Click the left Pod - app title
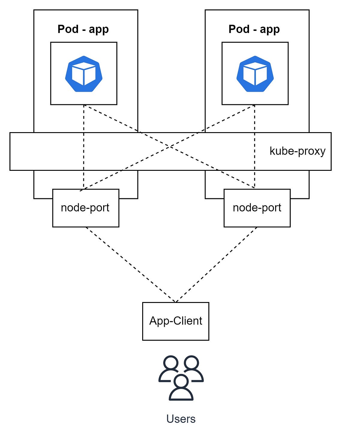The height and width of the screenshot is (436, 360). point(83,29)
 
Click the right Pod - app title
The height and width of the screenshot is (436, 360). point(254,29)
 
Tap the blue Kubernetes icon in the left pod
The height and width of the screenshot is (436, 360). point(84,74)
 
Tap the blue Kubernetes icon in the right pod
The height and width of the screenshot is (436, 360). point(255,74)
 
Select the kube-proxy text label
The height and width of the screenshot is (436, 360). point(297,151)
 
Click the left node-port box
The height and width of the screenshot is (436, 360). point(85,208)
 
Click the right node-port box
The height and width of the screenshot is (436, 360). point(257,208)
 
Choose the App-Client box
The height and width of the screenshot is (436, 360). point(175,321)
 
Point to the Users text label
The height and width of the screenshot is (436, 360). point(181,419)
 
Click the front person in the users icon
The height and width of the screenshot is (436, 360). point(181,388)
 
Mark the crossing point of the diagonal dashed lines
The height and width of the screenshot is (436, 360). point(170,147)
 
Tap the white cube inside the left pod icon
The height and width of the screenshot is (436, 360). point(84,73)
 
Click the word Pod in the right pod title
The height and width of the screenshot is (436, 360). point(239,29)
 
